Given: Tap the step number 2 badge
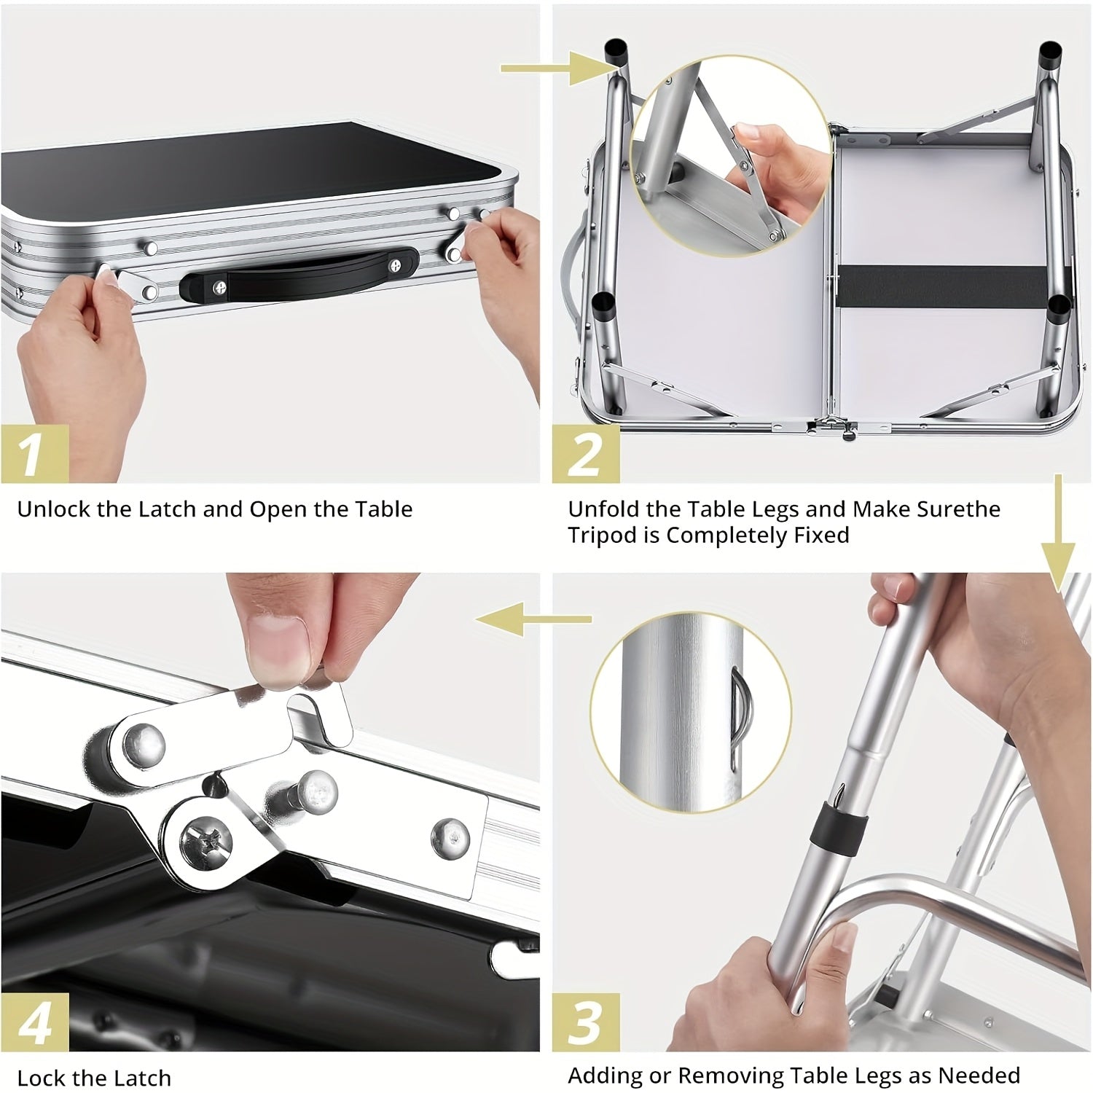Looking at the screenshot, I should (x=585, y=453).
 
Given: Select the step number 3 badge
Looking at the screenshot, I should (x=585, y=1022).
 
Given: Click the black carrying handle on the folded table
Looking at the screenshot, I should (x=299, y=275).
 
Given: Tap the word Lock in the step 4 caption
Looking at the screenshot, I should (x=42, y=1078).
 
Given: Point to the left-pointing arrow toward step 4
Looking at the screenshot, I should (x=532, y=619).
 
